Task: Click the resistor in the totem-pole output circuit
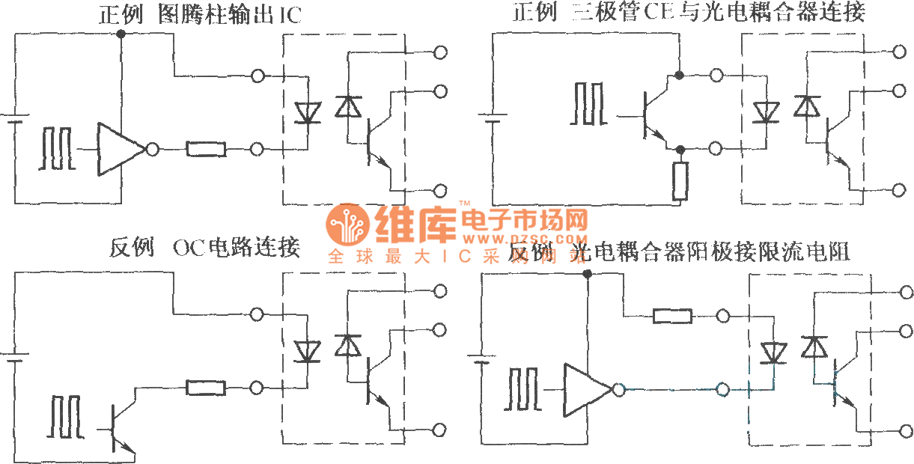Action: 206,150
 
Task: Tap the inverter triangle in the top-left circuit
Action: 120,150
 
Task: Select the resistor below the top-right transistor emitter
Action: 680,183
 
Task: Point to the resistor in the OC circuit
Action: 206,388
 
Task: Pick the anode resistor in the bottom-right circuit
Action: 672,317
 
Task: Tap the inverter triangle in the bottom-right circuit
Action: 588,390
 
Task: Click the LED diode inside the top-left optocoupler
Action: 306,113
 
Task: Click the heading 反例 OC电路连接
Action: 204,248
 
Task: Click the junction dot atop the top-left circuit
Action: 121,35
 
